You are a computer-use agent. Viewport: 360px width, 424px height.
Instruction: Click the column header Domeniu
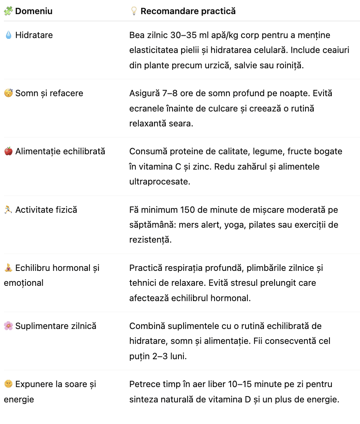[x=34, y=11]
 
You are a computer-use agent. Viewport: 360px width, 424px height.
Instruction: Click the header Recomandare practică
[x=188, y=11]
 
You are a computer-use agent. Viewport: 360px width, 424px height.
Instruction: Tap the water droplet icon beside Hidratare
[x=8, y=35]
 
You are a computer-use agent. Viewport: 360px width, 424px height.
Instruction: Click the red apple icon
[x=8, y=151]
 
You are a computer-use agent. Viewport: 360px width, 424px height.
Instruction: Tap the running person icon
[x=8, y=210]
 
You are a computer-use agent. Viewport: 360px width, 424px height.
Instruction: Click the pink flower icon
[x=8, y=326]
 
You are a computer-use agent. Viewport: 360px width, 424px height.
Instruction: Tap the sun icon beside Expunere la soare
[x=8, y=384]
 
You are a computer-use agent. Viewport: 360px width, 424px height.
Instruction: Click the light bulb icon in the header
[x=134, y=11]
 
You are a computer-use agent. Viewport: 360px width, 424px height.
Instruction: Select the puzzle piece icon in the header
[x=8, y=11]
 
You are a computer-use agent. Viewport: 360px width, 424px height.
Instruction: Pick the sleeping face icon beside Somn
[x=8, y=93]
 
